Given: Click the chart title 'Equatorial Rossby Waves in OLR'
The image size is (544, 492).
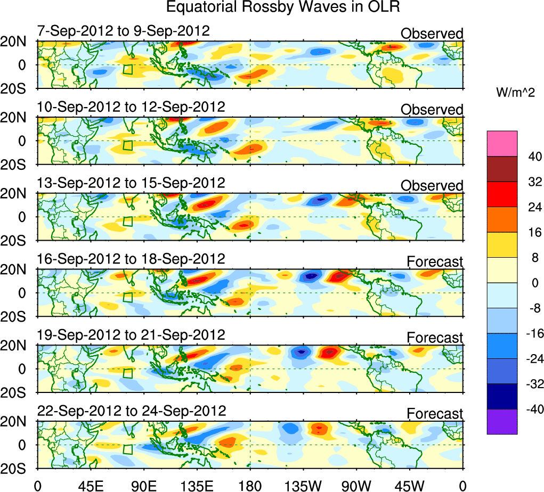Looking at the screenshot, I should [283, 8].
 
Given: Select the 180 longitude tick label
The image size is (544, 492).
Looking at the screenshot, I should [250, 485].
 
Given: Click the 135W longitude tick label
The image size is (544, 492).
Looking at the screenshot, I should [303, 485].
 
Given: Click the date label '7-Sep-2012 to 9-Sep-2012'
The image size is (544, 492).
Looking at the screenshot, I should [124, 31].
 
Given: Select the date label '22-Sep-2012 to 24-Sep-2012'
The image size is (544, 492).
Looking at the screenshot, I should [132, 411].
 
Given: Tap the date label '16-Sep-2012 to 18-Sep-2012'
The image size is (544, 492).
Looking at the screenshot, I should [131, 259].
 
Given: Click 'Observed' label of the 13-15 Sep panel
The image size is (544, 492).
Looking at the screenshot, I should [432, 186].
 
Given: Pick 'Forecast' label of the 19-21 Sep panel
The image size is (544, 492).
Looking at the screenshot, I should [435, 338].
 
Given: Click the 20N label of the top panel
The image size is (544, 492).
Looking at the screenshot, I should [18, 42].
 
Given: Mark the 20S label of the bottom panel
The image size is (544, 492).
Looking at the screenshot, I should [18, 469].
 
